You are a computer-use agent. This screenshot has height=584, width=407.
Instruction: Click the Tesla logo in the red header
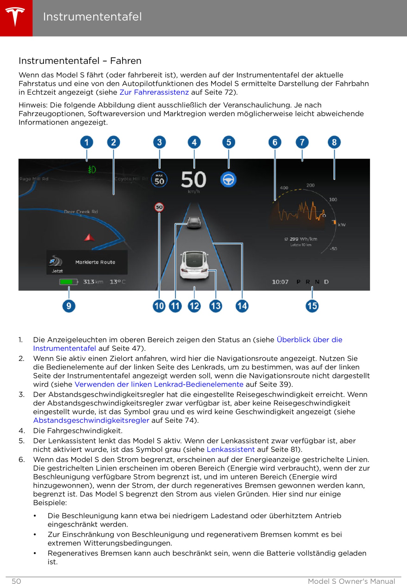click(x=15, y=17)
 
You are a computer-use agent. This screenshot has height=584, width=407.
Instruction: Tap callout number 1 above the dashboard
click(x=86, y=142)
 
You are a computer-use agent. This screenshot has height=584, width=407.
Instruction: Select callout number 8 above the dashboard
click(x=334, y=142)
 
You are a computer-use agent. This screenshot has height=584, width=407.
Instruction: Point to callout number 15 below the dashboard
click(x=312, y=306)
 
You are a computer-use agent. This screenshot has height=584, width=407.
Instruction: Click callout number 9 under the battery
click(x=69, y=306)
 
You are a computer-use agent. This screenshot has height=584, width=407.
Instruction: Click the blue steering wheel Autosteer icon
click(x=228, y=180)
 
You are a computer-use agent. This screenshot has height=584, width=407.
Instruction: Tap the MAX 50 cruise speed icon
click(x=159, y=180)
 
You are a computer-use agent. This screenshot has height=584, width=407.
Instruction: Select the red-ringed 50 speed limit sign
click(x=159, y=207)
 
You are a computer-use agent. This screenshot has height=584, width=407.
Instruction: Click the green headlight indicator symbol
click(x=92, y=170)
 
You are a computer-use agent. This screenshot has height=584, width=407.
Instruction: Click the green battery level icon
click(x=68, y=282)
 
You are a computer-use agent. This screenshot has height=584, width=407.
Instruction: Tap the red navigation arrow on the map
click(x=89, y=237)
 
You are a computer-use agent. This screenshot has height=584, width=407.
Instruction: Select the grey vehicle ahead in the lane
click(x=194, y=222)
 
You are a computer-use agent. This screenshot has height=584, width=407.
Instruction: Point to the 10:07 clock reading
click(x=280, y=282)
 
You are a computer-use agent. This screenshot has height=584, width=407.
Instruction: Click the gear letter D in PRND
click(x=326, y=282)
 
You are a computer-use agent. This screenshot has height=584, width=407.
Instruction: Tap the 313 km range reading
click(x=93, y=282)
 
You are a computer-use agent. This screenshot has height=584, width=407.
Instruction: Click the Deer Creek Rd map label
click(x=81, y=212)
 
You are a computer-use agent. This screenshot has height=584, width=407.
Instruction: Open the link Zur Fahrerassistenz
click(x=154, y=92)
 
